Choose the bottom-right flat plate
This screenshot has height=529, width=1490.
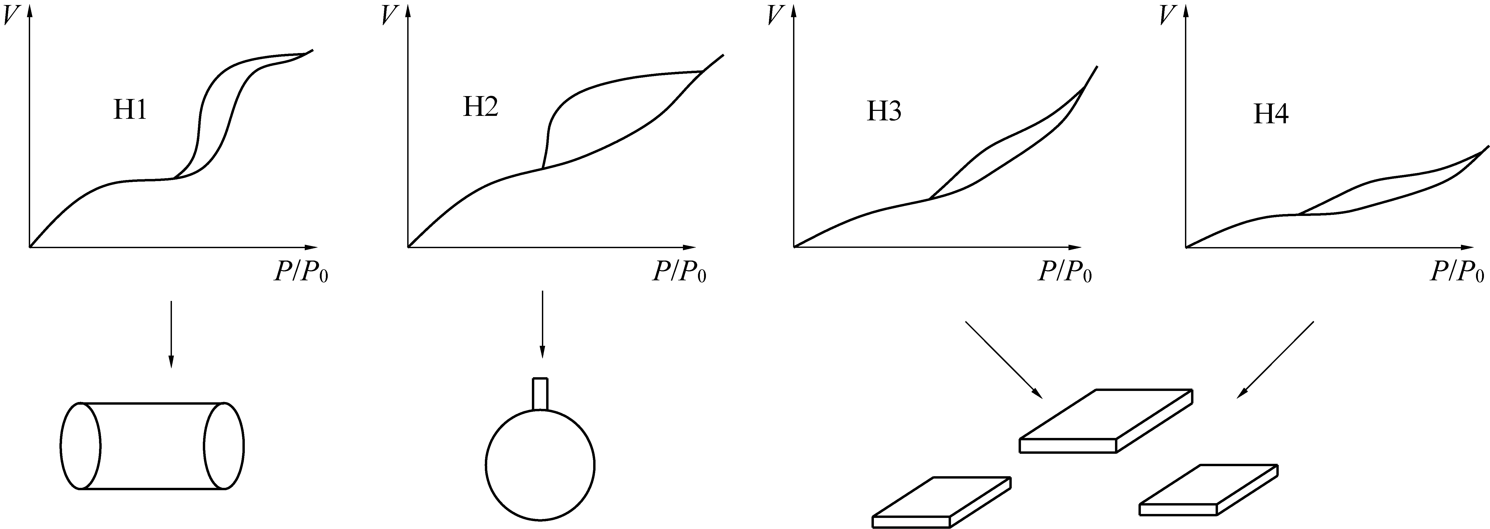1208,489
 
